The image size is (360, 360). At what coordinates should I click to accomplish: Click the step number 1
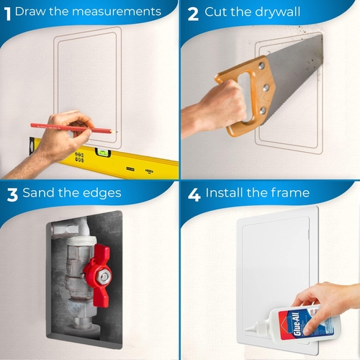(7, 12)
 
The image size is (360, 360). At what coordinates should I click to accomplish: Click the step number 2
(192, 12)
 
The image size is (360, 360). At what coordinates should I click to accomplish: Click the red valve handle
(99, 269)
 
